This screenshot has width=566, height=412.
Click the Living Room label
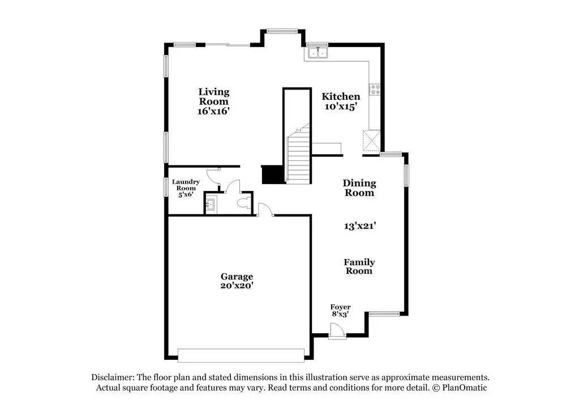213,96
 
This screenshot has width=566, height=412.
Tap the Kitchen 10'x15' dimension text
341,106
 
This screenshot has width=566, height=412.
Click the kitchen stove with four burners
375,89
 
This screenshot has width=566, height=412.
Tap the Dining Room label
359,188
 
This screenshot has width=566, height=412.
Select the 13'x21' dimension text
360,226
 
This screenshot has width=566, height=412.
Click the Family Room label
359,266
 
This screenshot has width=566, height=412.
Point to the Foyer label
340,307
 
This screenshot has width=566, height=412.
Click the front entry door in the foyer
336,330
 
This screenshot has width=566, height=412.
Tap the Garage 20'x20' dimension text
237,286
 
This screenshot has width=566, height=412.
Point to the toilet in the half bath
246,202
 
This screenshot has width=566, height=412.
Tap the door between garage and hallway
264,210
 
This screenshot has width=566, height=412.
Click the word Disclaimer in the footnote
112,377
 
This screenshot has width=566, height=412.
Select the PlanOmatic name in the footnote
465,388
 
